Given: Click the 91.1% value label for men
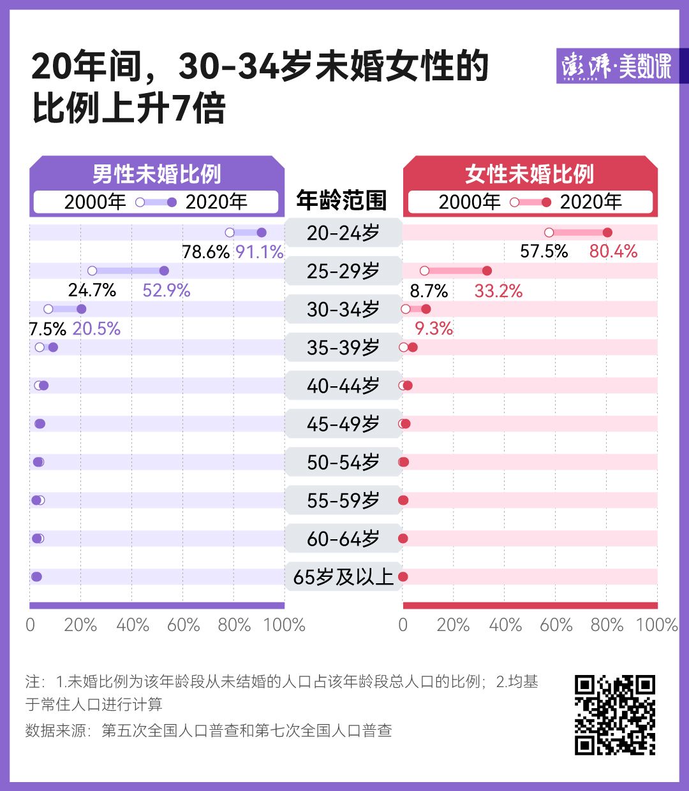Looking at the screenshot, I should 259,252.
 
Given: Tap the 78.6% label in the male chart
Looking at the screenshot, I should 205,252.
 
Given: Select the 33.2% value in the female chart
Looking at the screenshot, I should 498,291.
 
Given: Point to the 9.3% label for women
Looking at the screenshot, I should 434,329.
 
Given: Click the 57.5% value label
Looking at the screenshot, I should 544,251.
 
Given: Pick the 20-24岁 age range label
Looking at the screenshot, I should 343,233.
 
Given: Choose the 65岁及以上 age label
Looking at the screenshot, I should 343,577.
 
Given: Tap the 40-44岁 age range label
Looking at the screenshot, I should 343,386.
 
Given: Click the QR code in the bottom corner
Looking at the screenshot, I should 615,715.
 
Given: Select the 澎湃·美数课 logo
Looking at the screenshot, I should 616,66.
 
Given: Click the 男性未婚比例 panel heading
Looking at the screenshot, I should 157,174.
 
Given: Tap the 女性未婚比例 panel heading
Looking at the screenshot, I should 530,174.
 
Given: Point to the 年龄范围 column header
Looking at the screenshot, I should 342,201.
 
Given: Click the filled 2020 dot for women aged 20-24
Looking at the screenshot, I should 607,233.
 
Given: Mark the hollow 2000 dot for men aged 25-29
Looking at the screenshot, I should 92,271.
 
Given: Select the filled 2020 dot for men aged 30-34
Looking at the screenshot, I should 81,309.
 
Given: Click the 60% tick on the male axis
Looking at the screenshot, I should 183,625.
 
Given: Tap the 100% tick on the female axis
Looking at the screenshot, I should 656,625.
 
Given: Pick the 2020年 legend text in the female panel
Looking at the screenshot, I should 591,202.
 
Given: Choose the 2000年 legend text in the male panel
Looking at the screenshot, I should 95,202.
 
